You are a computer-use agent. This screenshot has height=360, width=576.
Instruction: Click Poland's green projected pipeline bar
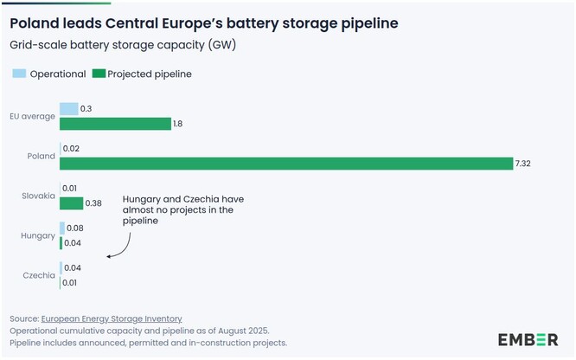tap(285, 164)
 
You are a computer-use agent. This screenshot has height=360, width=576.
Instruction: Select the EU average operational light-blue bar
tap(68, 109)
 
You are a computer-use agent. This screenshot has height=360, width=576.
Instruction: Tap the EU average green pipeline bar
tap(115, 124)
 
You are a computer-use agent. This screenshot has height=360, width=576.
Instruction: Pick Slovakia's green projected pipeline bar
tap(72, 203)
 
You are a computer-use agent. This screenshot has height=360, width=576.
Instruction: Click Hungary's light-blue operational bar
tap(62, 228)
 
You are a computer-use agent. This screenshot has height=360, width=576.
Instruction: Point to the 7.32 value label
tap(523, 164)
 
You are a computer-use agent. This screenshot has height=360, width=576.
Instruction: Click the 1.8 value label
tap(178, 124)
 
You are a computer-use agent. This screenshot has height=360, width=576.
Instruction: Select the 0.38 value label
tap(93, 203)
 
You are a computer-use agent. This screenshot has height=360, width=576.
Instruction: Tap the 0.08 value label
tap(75, 228)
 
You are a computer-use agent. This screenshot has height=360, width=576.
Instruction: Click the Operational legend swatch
tap(18, 74)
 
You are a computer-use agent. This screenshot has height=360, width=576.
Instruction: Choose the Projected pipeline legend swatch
tap(99, 74)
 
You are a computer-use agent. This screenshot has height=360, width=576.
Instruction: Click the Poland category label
tap(41, 157)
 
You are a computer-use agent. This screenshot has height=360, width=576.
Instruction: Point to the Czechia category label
tap(39, 275)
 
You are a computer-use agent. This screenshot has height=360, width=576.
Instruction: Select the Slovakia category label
tap(38, 196)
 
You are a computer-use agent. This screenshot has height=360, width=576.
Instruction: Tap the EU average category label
tap(33, 117)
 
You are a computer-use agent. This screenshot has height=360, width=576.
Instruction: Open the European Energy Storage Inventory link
tap(112, 318)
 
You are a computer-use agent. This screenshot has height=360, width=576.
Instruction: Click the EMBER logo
tap(528, 338)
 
